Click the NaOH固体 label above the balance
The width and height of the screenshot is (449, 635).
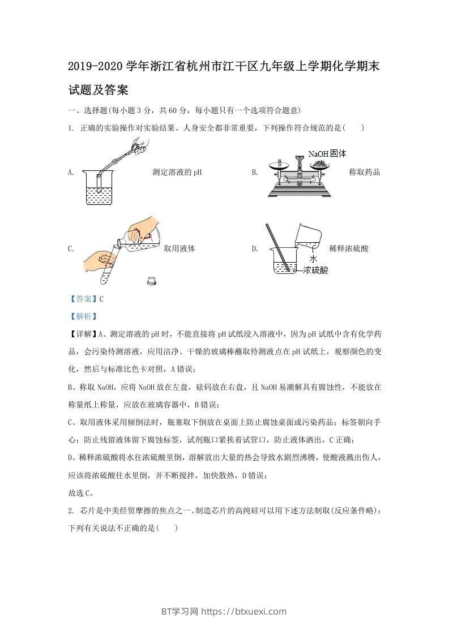point(327,153)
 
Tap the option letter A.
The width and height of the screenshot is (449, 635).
point(71,173)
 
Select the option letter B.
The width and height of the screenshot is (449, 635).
point(254,173)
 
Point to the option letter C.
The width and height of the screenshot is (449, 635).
point(71,248)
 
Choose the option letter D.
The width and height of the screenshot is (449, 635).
point(254,248)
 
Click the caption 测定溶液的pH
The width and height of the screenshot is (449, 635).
point(177,173)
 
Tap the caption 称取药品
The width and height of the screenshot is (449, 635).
point(365,173)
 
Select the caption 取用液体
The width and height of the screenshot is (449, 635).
point(179,248)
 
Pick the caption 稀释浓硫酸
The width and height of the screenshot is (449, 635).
point(348,248)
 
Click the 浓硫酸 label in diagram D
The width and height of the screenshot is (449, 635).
point(315,270)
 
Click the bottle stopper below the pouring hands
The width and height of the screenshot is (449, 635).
point(152,280)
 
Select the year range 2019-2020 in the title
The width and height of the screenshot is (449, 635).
point(95,67)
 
